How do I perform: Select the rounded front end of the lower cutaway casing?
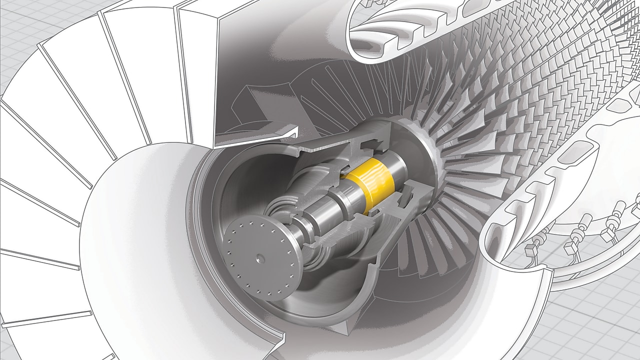[492, 240]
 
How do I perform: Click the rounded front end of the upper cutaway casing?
[360, 35]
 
